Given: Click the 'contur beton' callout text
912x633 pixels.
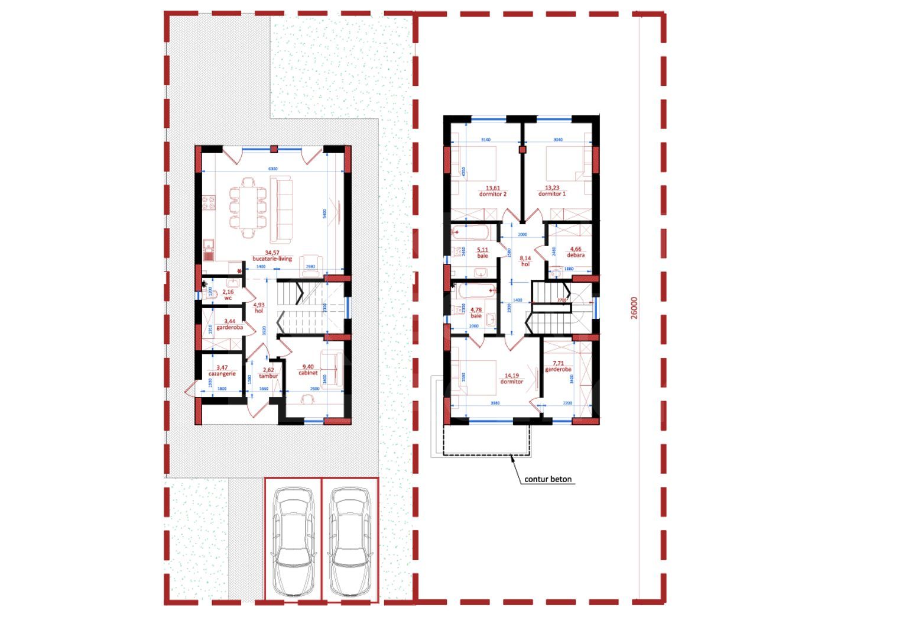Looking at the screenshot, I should click(548, 479).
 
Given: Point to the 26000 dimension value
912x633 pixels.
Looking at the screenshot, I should click(634, 308).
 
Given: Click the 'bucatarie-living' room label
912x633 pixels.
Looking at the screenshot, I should click(272, 259).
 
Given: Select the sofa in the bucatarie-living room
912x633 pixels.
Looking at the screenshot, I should click(282, 212).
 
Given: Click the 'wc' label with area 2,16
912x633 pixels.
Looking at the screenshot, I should click(228, 298).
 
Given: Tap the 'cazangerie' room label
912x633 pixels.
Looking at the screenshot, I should click(222, 374).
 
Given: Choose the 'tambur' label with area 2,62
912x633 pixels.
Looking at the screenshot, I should click(268, 376).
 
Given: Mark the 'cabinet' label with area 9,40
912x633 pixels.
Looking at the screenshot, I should click(308, 373).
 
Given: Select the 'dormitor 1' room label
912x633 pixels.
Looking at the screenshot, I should click(551, 194).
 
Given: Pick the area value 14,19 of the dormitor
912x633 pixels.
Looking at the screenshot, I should click(511, 375).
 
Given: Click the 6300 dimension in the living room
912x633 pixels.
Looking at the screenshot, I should click(273, 169).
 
